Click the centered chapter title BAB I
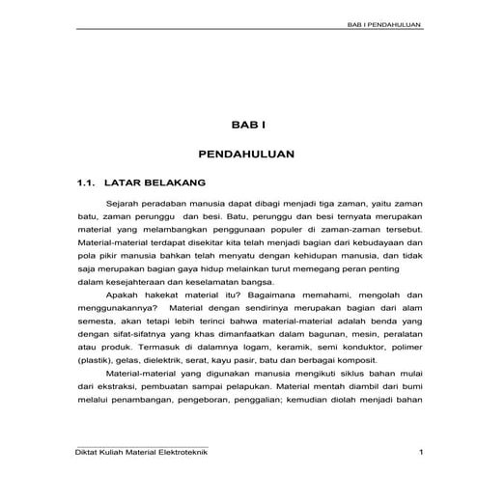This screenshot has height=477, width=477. tap(238, 124)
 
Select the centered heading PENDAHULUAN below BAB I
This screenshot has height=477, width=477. tap(238, 153)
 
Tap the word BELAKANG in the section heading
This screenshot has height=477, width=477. tap(173, 181)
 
